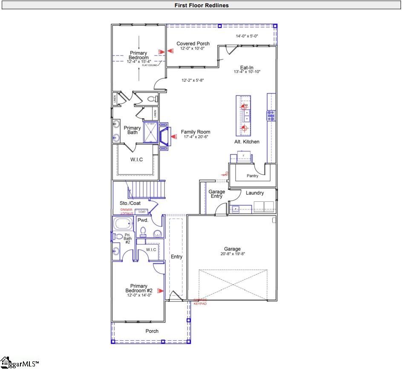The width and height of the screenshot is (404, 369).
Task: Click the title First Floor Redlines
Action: pos(202,5)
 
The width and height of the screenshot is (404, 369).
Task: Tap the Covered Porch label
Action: pos(193,44)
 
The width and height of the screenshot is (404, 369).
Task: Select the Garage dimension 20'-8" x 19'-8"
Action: pos(232,254)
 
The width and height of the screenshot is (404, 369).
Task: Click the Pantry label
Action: pos(253,176)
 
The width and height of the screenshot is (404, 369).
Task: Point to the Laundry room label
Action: pos(255,193)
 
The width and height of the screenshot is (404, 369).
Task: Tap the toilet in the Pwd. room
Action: pos(144,232)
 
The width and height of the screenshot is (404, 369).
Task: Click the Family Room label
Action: pos(195,132)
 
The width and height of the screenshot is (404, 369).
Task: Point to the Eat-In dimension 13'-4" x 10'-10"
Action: pos(247,72)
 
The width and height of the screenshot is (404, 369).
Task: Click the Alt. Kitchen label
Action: pos(247,142)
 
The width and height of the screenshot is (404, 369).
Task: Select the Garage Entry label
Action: pos(216,194)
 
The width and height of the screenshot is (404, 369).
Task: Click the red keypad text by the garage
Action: pos(200,302)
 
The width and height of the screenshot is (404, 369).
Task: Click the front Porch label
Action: pos(152,331)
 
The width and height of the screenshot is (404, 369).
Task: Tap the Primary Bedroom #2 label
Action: pos(139,288)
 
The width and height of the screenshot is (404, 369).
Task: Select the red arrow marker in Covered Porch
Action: pos(171,51)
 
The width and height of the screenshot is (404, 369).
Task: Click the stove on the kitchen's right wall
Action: pos(271,116)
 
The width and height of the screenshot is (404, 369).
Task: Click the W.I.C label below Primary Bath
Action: pos(136,160)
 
